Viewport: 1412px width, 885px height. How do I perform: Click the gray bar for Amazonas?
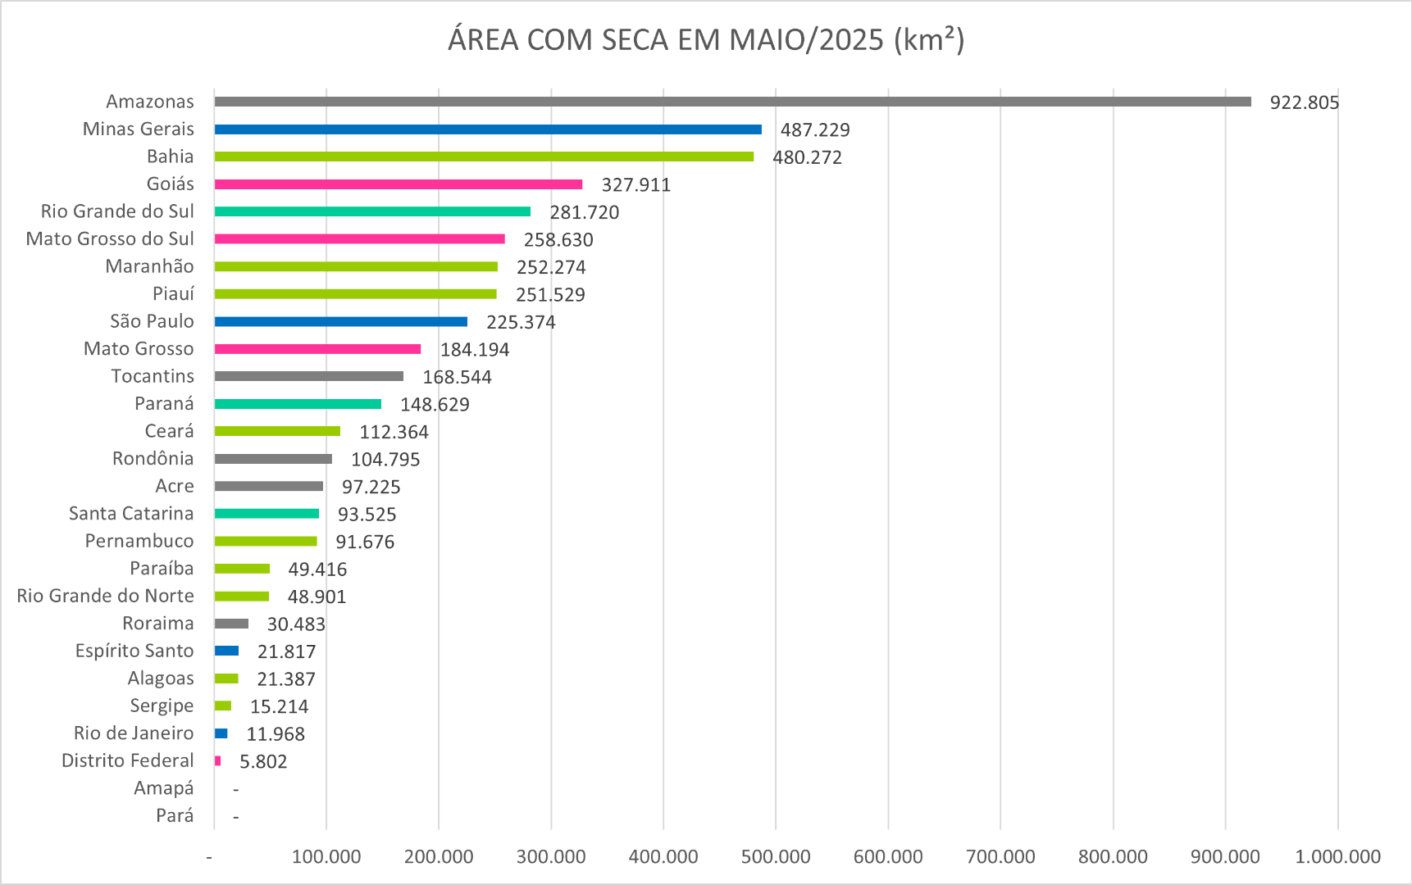[x=732, y=102]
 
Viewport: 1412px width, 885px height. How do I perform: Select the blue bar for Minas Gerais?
[x=488, y=129]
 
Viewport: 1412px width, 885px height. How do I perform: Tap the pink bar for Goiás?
[x=399, y=184]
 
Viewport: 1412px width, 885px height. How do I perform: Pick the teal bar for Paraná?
[x=298, y=404]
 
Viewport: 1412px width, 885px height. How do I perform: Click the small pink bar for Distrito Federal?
[x=218, y=761]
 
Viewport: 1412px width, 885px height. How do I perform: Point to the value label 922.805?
[x=1304, y=102]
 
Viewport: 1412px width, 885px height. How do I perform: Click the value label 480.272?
[x=808, y=157]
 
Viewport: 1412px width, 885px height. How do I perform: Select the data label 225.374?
[x=521, y=322]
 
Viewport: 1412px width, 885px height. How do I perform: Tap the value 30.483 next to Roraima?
[x=296, y=624]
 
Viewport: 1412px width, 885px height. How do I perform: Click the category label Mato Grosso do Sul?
[x=110, y=238]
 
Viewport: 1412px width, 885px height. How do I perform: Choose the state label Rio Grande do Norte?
[x=105, y=596]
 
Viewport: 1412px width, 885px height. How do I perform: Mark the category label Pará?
[x=175, y=815]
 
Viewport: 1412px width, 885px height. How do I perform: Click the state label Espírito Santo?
[x=134, y=651]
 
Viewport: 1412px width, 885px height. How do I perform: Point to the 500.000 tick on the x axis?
[x=776, y=857]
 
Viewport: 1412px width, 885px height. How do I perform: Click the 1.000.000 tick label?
[x=1337, y=857]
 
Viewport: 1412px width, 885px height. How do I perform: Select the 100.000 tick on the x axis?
[x=326, y=857]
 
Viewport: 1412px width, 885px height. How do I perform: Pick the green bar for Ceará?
[x=277, y=431]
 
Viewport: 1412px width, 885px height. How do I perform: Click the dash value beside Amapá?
[x=236, y=789]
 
